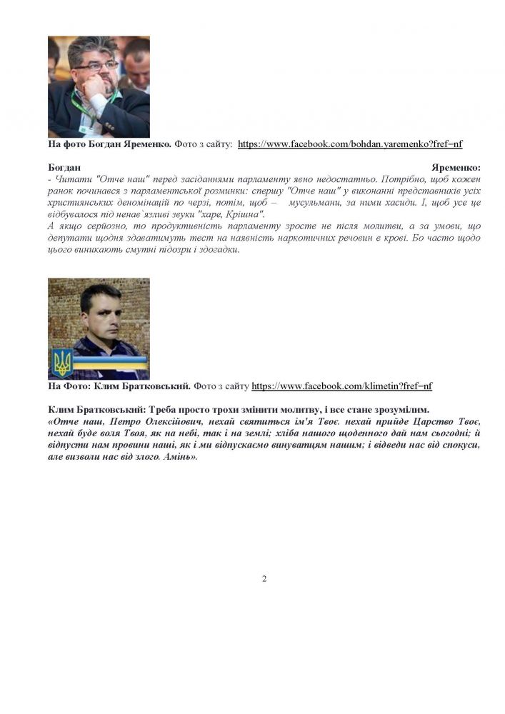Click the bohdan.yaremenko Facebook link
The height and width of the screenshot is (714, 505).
(x=350, y=144)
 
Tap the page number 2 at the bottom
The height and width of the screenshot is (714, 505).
(x=264, y=578)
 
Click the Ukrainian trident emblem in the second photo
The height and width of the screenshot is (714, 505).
(x=62, y=363)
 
